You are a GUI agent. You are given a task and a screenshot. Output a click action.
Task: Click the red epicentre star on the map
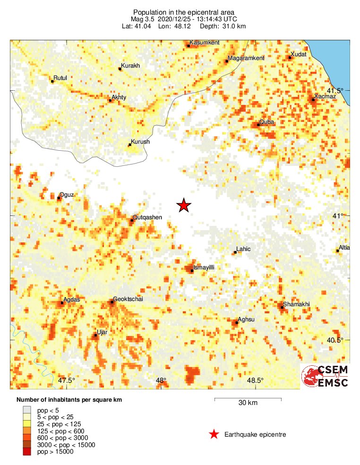click(x=184, y=205)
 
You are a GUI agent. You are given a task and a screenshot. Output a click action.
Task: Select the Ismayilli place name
click(x=204, y=267)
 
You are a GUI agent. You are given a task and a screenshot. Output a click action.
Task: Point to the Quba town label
click(x=267, y=122)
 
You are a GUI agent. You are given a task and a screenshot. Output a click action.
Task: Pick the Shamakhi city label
click(x=296, y=304)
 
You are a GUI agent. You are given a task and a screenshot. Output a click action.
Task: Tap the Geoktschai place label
click(x=128, y=300)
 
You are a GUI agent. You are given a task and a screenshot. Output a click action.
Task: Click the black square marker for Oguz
click(x=59, y=198)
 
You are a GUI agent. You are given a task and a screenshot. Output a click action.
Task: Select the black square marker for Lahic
click(x=235, y=253)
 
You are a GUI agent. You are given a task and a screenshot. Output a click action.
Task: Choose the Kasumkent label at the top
click(x=204, y=43)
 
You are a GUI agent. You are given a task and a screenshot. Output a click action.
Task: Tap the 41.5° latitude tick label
click(x=336, y=91)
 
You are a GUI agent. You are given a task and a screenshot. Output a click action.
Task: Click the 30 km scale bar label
click(x=248, y=403)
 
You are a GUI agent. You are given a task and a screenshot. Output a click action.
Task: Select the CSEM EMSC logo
click(x=325, y=376)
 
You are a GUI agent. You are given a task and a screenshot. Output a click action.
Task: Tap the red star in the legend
click(x=214, y=434)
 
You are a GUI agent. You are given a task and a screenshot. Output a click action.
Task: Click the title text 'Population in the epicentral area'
click(x=184, y=12)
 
